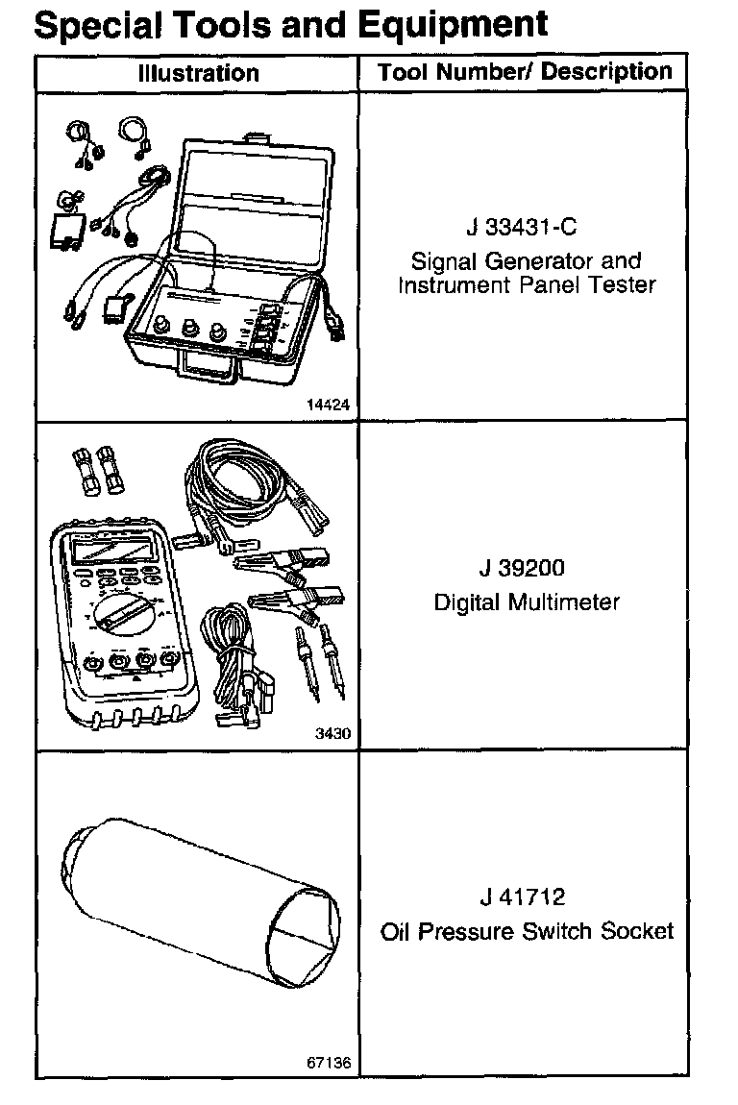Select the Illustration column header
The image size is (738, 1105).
coord(198,73)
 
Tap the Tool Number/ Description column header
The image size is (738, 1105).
coord(525,72)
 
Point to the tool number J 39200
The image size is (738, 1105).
coord(525,568)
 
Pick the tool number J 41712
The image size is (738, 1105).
coord(525,897)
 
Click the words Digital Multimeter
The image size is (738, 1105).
coord(527,602)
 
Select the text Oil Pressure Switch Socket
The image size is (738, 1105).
coord(527,931)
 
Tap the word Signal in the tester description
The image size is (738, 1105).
coord(444,260)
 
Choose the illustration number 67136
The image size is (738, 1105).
coord(329,1064)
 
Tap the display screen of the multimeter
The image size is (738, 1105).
coord(109,551)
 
